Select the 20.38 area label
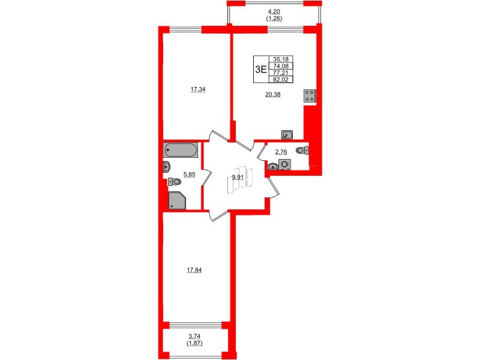tap(273, 94)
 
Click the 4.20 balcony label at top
tap(274, 11)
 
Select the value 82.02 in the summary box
tap(280, 78)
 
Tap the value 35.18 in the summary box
tap(280, 59)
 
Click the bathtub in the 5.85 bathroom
tap(180, 149)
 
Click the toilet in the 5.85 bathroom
tap(175, 181)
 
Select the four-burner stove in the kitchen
tap(310, 96)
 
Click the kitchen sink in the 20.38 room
tap(287, 134)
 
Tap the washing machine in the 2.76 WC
tap(285, 164)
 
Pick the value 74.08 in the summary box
tap(280, 65)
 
